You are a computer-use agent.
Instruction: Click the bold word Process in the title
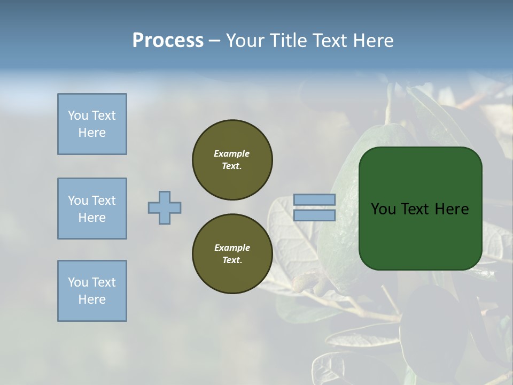pos(168,40)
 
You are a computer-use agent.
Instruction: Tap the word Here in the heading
pos(371,40)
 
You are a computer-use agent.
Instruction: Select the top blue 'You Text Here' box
pos(92,124)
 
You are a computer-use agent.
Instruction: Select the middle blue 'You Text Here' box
pos(92,209)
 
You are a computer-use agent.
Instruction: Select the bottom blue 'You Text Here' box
pos(92,291)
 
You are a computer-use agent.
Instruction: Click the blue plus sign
pos(165,207)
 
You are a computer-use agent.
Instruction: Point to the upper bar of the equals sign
pos(314,200)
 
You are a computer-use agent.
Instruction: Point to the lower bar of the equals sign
pos(314,215)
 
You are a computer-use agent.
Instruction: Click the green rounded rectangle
pos(420,235)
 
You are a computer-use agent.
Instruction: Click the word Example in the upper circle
pos(232,153)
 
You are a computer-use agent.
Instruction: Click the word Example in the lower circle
pos(232,248)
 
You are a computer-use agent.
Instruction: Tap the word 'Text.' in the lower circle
pos(232,260)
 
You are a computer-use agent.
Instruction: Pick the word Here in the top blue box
pos(92,133)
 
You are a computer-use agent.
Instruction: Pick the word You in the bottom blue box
pos(77,282)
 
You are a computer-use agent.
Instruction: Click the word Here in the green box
pos(452,209)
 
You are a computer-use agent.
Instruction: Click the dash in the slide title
pos(214,41)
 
